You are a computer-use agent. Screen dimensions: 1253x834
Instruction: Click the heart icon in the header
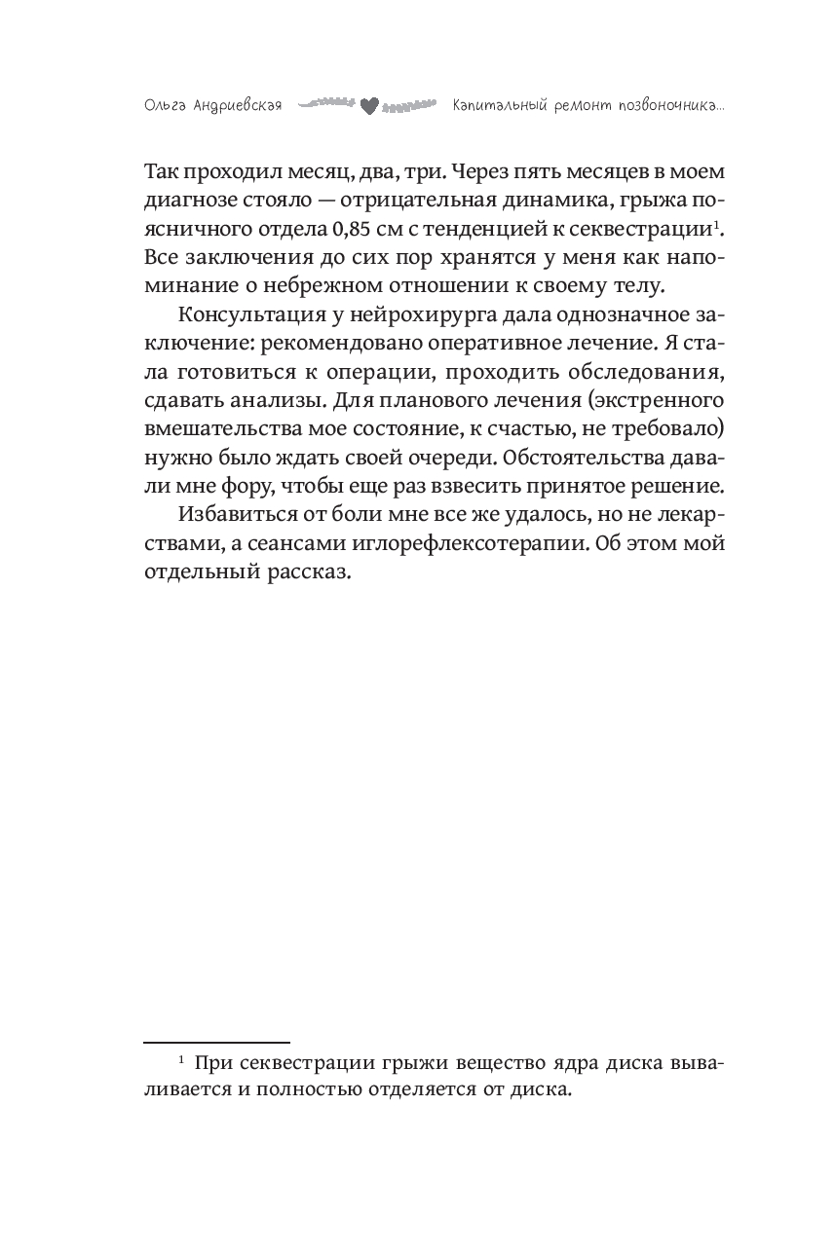[x=368, y=104]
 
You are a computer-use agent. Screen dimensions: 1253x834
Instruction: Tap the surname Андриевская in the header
[x=234, y=104]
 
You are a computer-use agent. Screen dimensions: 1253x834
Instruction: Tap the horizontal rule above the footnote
[x=216, y=1042]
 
